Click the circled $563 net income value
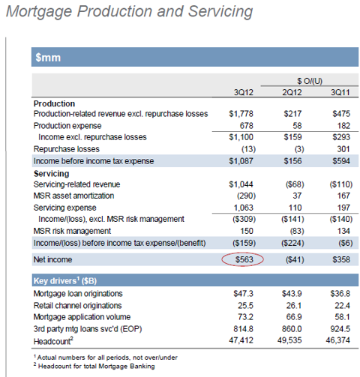point(244,259)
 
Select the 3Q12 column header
point(244,92)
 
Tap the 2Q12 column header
point(292,92)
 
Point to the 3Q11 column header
point(340,92)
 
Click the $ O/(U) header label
point(310,81)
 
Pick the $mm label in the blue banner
point(48,58)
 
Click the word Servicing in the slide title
point(220,11)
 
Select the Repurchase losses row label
point(67,149)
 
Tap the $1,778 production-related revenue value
point(241,114)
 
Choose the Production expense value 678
point(247,126)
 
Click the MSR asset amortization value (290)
point(246,196)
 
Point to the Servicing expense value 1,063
point(243,208)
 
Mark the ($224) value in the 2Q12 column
point(292,243)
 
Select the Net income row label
point(52,259)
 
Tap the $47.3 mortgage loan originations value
point(243,293)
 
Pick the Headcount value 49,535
point(289,340)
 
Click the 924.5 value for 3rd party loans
point(340,329)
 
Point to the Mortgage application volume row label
point(82,317)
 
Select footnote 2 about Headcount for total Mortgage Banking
point(94,366)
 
